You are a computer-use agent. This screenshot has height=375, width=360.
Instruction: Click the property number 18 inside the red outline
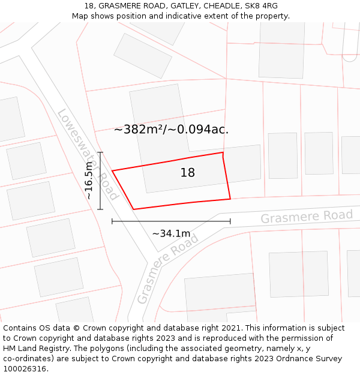click(x=188, y=173)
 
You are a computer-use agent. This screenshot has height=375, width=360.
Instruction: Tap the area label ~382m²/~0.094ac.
click(x=171, y=129)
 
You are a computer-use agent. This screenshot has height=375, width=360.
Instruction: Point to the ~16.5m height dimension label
click(x=89, y=180)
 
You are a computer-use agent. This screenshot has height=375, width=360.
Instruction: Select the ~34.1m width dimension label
click(x=171, y=233)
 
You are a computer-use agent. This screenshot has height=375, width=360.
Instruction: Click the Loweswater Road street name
click(x=87, y=154)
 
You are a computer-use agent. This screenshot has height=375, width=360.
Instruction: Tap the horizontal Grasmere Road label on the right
click(x=307, y=217)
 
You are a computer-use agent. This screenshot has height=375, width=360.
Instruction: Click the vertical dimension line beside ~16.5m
click(x=100, y=181)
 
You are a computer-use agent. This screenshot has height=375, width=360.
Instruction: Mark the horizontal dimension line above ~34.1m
click(x=171, y=221)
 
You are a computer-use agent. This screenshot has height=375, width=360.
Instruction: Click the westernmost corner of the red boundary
click(x=112, y=171)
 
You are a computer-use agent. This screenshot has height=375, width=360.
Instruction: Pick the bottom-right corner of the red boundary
click(x=230, y=199)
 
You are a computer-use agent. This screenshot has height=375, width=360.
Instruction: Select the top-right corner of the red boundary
click(x=223, y=152)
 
